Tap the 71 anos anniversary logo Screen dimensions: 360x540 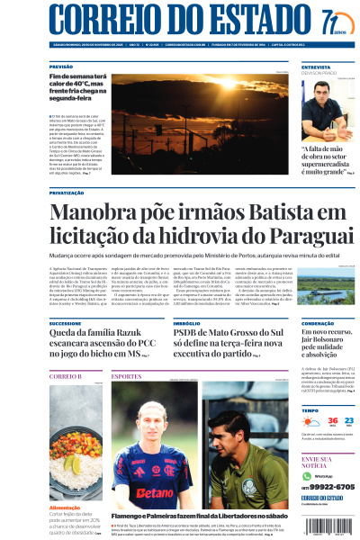tap(332, 22)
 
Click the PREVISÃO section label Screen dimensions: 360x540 tap(61, 67)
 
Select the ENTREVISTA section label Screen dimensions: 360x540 tap(316, 67)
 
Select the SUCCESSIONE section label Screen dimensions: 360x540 tap(65, 322)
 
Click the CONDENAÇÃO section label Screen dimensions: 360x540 tap(319, 322)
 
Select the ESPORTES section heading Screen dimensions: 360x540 tap(127, 375)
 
